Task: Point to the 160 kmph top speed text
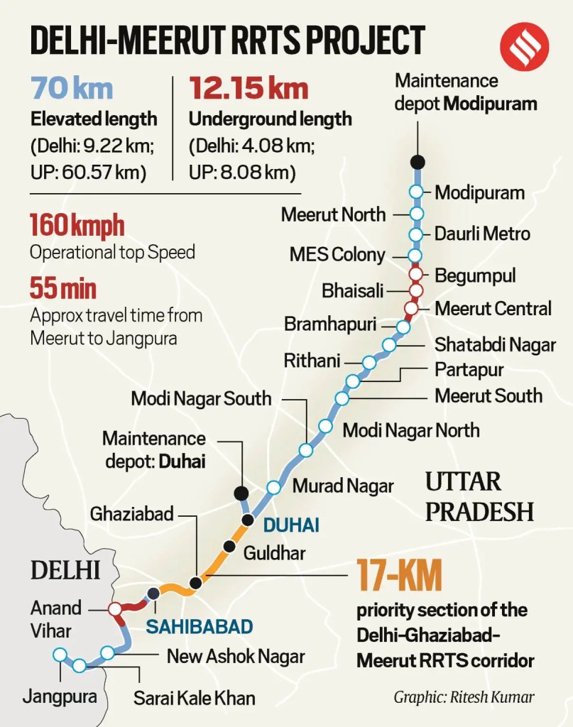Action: (77, 226)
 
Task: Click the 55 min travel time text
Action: (63, 288)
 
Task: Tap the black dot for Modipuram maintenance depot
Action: (418, 160)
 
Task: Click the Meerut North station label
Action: (333, 214)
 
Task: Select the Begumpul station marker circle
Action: (416, 275)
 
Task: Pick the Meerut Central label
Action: (493, 309)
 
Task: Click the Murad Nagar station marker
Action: (273, 487)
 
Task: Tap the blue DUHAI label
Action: (290, 525)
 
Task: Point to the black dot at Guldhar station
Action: (229, 546)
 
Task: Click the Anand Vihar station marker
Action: (114, 609)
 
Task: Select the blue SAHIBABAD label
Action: (200, 626)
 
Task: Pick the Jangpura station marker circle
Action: (61, 655)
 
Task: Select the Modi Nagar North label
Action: (411, 430)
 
